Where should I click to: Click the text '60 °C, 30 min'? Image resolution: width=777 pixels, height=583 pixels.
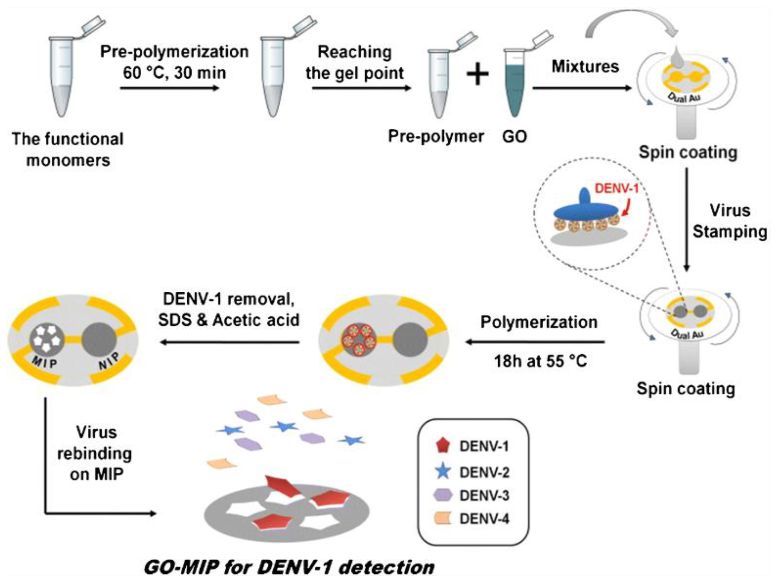175,73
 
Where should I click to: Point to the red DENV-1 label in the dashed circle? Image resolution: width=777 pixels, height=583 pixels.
616,189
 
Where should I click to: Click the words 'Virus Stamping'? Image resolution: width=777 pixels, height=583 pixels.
730,221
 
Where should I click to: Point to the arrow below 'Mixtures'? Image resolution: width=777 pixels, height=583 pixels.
582,88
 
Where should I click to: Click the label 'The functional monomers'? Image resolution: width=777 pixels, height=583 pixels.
68,149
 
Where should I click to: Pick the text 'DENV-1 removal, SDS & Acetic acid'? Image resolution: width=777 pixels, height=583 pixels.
229,310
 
